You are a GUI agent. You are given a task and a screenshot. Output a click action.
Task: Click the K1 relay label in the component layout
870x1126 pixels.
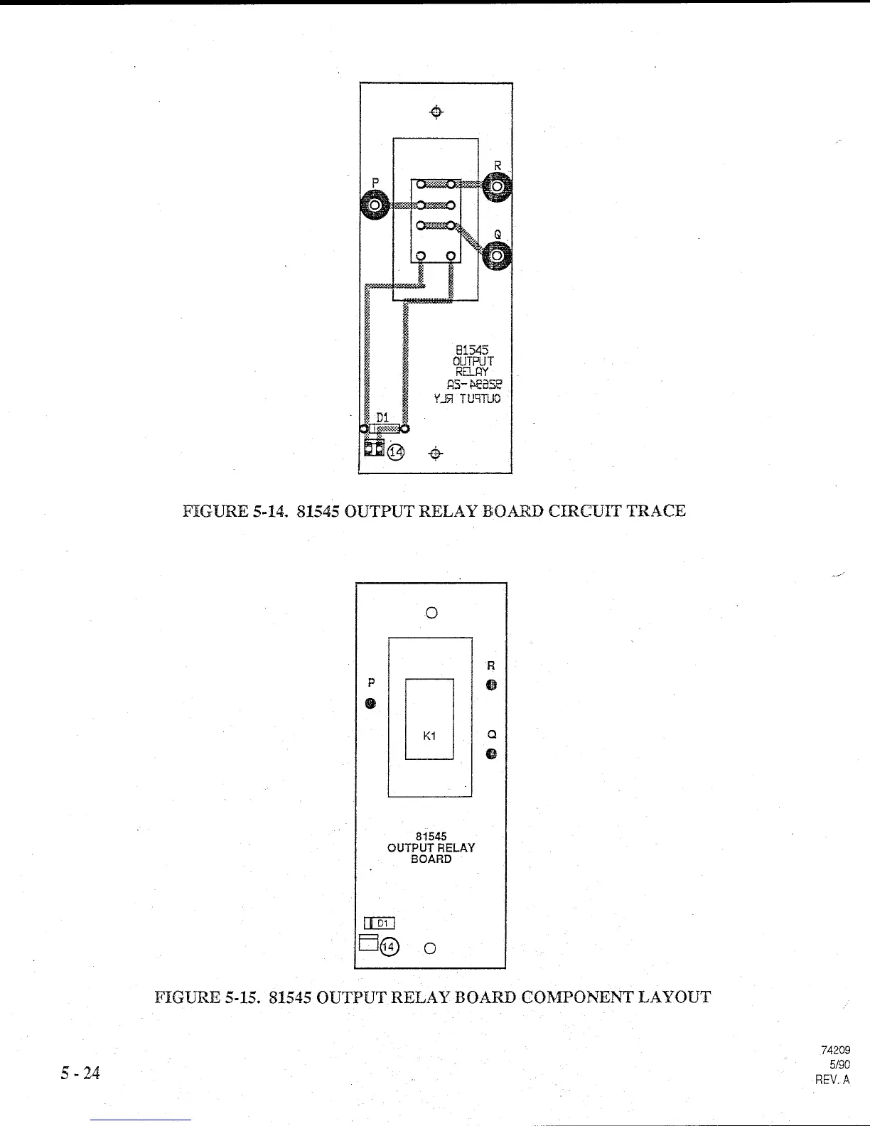tap(429, 736)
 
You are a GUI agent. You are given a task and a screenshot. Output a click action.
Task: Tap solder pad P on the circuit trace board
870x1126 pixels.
tap(375, 206)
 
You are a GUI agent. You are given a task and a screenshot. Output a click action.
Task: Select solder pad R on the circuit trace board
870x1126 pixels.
tap(497, 188)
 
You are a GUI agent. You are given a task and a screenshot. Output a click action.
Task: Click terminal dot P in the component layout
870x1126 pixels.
tap(370, 704)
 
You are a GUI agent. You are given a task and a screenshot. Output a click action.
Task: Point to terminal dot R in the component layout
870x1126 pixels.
tap(491, 685)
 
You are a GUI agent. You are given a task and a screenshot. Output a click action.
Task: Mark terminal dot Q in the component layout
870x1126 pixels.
tap(491, 754)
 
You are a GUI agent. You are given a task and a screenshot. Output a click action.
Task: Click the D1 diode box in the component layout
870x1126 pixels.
tap(380, 923)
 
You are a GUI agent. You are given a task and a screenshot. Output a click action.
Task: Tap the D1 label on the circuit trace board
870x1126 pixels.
tap(382, 417)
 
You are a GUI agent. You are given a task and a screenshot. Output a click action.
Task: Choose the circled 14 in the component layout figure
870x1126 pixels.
tap(390, 947)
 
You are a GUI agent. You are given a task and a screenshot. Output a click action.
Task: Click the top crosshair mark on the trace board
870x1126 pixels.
tap(437, 112)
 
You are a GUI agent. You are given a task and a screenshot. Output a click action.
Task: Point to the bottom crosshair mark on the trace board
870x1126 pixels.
tap(436, 454)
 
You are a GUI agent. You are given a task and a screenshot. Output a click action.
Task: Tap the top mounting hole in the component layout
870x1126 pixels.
tap(431, 612)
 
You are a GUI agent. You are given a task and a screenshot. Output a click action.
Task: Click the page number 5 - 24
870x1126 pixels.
tap(80, 1073)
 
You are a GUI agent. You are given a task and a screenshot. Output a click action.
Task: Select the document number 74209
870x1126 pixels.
tap(835, 1050)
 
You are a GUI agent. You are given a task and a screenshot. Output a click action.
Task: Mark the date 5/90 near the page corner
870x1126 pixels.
tap(839, 1064)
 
